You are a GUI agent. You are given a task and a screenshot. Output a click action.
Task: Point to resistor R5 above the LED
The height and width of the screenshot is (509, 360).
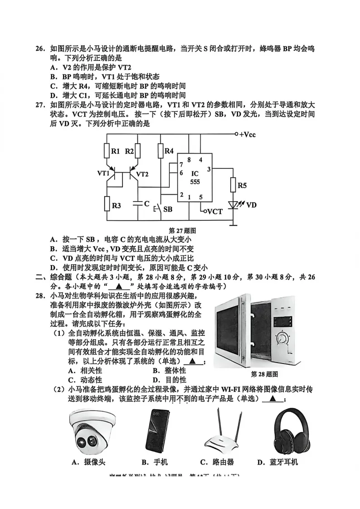click(234, 185)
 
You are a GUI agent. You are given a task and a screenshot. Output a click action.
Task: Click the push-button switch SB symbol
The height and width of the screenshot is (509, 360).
click(159, 209)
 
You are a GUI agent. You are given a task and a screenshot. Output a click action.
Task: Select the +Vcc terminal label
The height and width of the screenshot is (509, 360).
click(248, 135)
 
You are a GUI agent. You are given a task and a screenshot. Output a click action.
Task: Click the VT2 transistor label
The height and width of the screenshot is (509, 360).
click(142, 174)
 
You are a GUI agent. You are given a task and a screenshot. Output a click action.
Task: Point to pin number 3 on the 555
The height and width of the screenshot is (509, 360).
click(208, 169)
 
